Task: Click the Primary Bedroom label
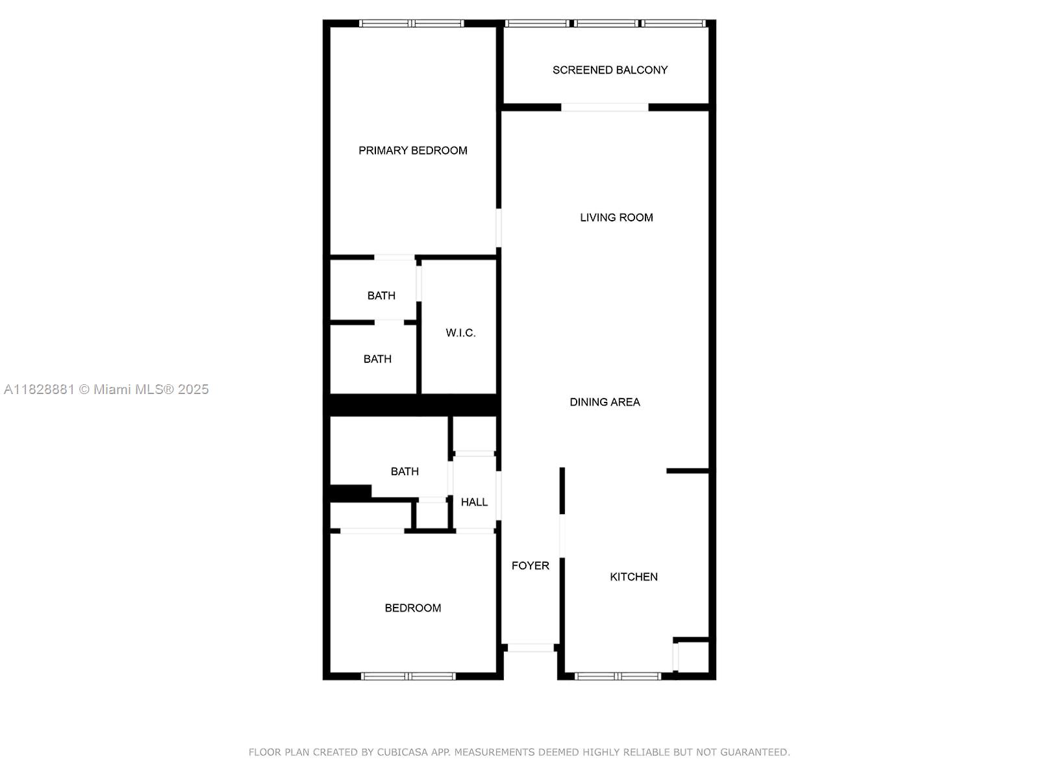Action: pyautogui.click(x=412, y=151)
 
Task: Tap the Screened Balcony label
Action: pyautogui.click(x=610, y=70)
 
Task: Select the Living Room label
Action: pyautogui.click(x=616, y=217)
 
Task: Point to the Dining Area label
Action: pyautogui.click(x=605, y=402)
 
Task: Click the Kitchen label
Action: pyautogui.click(x=633, y=577)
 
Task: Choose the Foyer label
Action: pyautogui.click(x=530, y=566)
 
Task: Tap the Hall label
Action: pyautogui.click(x=474, y=502)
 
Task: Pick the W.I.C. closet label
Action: pyautogui.click(x=460, y=333)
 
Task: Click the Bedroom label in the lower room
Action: pyautogui.click(x=412, y=608)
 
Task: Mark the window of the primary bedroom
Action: pyautogui.click(x=411, y=24)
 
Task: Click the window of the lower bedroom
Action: pyautogui.click(x=408, y=676)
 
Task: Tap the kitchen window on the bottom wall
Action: pyautogui.click(x=618, y=676)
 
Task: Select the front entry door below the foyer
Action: pyautogui.click(x=531, y=648)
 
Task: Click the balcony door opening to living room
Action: pyautogui.click(x=605, y=108)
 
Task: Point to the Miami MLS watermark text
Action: pyautogui.click(x=152, y=389)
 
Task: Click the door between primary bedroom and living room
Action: pyautogui.click(x=499, y=227)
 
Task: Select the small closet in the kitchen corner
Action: pyautogui.click(x=693, y=657)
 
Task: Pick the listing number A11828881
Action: pyautogui.click(x=39, y=389)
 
